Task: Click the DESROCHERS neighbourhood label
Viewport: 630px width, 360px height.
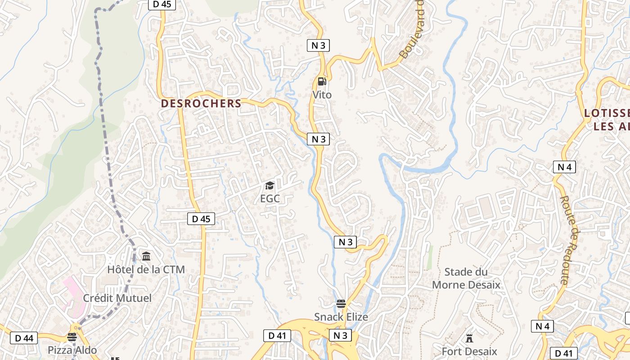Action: click(201, 103)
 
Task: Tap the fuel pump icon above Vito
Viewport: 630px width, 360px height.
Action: click(322, 81)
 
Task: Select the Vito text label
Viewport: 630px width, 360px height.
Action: click(322, 95)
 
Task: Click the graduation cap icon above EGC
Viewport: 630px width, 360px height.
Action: click(270, 185)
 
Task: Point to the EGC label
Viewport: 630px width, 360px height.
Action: click(270, 198)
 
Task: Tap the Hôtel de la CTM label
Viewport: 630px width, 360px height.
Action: click(146, 270)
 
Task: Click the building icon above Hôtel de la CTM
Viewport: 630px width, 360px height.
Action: click(146, 256)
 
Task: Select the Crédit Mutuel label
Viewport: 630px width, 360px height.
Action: click(117, 298)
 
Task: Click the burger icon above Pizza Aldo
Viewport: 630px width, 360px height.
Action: click(72, 337)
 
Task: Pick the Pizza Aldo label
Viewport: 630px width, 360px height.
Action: click(72, 350)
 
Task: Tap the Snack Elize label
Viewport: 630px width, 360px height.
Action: click(341, 317)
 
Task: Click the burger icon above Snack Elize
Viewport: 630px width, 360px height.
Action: click(341, 304)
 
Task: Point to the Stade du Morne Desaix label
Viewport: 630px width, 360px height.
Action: click(466, 278)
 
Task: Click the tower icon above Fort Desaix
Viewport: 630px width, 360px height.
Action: click(469, 338)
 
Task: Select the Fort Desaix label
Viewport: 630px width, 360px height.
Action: click(469, 351)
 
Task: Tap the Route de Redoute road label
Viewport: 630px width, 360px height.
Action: click(571, 240)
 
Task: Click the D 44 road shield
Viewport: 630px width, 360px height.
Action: click(24, 338)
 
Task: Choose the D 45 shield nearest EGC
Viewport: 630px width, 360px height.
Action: click(201, 219)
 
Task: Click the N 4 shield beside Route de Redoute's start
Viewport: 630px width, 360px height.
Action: click(564, 167)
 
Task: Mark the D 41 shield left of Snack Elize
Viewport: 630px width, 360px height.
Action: click(277, 335)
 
